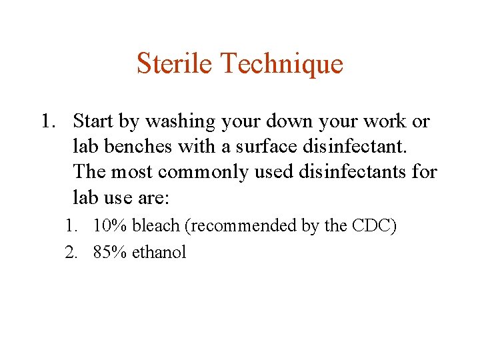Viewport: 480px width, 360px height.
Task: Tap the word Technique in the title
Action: click(x=281, y=64)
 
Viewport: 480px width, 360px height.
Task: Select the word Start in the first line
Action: click(x=93, y=121)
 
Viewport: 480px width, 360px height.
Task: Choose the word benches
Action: click(x=136, y=147)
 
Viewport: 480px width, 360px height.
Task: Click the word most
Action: click(x=136, y=172)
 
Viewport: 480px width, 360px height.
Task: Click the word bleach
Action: click(x=157, y=226)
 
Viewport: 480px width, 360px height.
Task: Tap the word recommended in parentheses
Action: click(x=243, y=227)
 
